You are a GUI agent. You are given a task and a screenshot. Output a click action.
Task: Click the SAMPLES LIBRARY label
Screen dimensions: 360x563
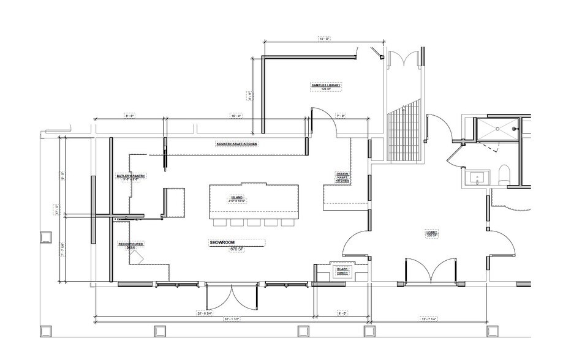coord(325,85)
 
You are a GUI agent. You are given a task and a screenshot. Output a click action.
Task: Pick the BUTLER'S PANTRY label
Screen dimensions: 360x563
coord(130,178)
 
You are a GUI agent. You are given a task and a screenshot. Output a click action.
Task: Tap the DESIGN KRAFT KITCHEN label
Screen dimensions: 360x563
coord(342,178)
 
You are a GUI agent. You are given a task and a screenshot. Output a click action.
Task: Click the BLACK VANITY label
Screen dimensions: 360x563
coord(341,270)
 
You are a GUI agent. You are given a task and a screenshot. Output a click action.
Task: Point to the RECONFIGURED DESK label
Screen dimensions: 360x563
coord(130,246)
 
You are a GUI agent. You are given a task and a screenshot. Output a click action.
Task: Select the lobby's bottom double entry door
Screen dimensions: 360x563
coord(431,269)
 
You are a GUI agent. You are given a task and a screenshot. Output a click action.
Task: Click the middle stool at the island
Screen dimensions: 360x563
coord(254,222)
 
